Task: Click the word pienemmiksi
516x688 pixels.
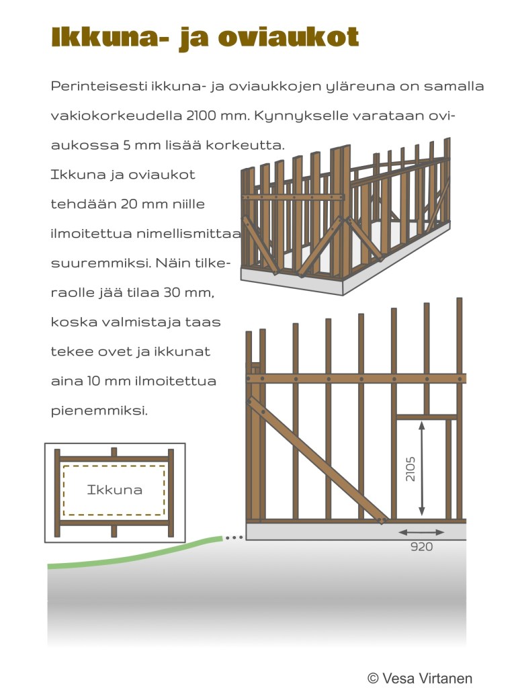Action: (99, 410)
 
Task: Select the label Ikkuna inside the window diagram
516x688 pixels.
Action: (115, 490)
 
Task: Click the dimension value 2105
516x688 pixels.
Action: (411, 468)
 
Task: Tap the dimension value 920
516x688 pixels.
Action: (421, 547)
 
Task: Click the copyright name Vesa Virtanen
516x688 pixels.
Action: (427, 678)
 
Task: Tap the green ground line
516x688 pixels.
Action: (134, 555)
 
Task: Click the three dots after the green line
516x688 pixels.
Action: (232, 537)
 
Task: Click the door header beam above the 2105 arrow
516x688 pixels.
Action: (426, 417)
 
